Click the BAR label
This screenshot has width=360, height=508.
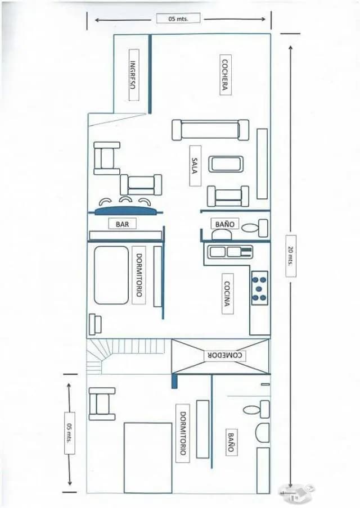(122, 224)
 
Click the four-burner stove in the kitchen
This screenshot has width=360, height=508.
(259, 288)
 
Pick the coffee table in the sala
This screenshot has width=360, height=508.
(226, 164)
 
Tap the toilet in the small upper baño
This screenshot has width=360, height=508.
(260, 228)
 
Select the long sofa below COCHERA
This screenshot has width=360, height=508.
(210, 129)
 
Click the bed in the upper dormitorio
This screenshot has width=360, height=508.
(111, 275)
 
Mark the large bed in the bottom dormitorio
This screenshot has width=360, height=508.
(147, 457)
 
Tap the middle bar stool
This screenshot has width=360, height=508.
(126, 200)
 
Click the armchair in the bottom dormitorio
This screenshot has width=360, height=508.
(102, 403)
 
